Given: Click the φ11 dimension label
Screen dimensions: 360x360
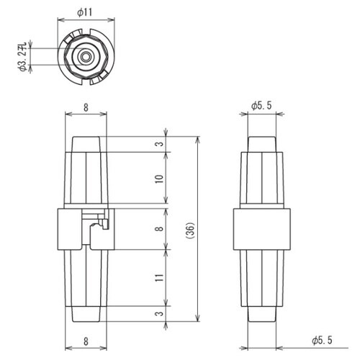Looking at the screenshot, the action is coord(85,12).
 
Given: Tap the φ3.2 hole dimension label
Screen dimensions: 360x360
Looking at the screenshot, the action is coord(23,57).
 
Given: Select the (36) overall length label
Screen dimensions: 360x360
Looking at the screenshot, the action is coord(191,230).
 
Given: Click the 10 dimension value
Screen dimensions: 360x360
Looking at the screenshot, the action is coord(159,179).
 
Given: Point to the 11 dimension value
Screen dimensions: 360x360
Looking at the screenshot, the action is coord(159,278).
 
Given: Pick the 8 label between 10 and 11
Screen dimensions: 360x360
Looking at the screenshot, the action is coord(159,228).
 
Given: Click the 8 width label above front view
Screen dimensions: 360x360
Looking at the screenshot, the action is coord(86,108).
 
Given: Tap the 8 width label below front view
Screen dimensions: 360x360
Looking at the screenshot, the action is coord(86,341).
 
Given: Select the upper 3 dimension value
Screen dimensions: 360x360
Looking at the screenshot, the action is coord(160,144).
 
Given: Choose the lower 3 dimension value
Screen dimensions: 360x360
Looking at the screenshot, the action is coord(160,313).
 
